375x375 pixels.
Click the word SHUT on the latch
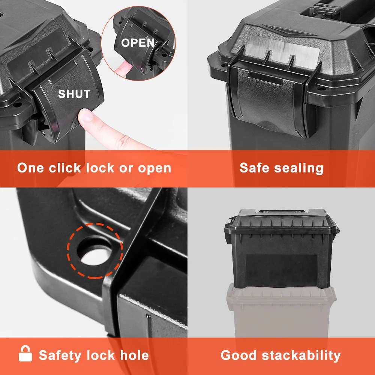tap(74, 94)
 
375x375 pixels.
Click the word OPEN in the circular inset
tap(138, 43)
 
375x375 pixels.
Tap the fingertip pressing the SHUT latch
tap(86, 115)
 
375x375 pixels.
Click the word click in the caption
tap(65, 168)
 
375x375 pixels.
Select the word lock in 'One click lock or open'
tap(100, 168)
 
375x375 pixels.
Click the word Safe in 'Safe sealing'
tap(255, 168)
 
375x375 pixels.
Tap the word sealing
tap(299, 168)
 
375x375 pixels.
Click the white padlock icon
tap(25, 353)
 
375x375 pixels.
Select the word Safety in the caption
tap(60, 355)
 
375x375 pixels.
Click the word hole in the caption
tap(134, 355)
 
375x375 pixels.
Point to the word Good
tap(238, 355)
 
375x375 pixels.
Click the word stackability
tap(301, 355)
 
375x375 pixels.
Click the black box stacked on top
tap(282, 249)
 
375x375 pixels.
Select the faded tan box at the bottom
tap(282, 311)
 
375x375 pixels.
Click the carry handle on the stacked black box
tap(282, 211)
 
